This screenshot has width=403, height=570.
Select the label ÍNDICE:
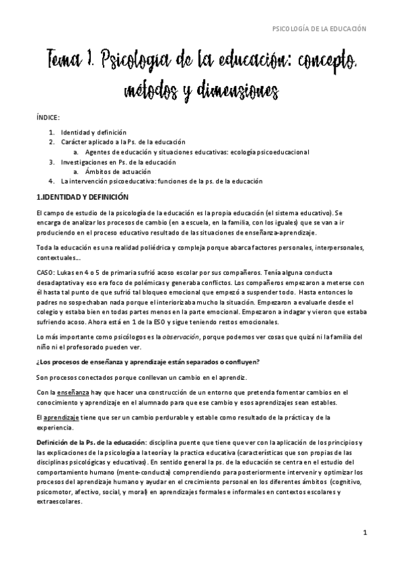(48, 117)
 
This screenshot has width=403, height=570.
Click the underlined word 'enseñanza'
(63, 392)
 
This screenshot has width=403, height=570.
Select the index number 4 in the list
(52, 181)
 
